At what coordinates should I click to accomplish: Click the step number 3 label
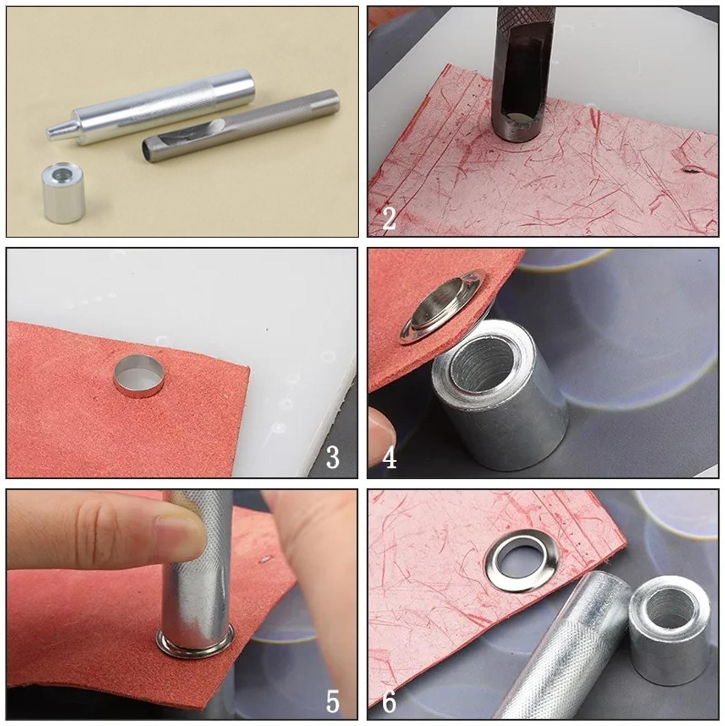333,456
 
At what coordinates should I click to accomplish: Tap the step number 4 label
389,458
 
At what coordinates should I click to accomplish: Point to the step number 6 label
389,701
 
